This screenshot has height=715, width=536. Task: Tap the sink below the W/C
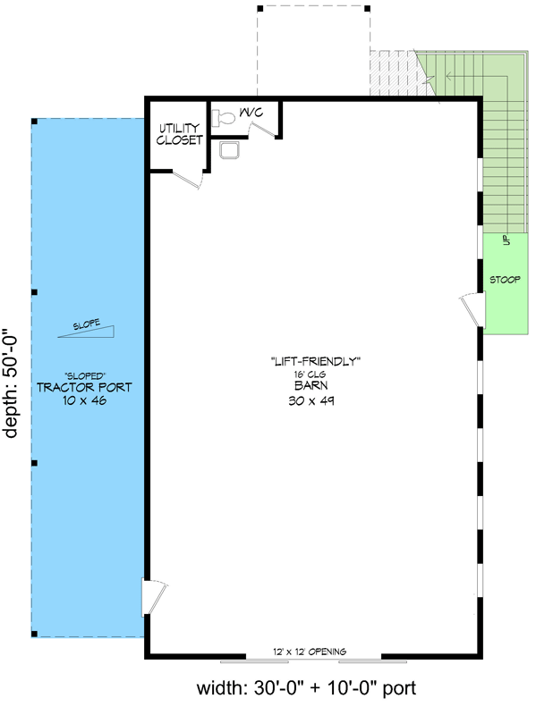click(x=229, y=149)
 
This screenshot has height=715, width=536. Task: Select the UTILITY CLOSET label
click(x=179, y=134)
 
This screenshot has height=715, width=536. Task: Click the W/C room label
click(x=251, y=112)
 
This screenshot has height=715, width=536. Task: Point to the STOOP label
click(x=505, y=280)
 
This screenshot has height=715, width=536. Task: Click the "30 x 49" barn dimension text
click(x=311, y=400)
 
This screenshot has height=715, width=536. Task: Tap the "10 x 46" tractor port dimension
click(x=84, y=400)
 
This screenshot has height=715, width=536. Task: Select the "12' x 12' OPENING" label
click(x=310, y=652)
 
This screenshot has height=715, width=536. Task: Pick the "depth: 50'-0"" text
click(x=10, y=383)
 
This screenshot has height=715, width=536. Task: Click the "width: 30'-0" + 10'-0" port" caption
click(x=306, y=687)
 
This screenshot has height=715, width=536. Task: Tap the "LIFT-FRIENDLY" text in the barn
click(x=316, y=362)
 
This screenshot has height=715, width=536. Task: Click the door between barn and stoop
click(x=472, y=309)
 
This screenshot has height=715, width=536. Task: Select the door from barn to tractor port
click(x=154, y=597)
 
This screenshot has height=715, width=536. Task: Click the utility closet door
click(x=188, y=179)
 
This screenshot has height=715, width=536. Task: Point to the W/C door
click(x=264, y=129)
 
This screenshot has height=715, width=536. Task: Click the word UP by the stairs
click(x=506, y=240)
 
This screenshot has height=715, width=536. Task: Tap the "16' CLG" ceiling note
click(x=310, y=374)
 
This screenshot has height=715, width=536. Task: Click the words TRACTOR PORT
click(x=84, y=388)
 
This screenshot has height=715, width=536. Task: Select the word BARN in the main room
click(x=311, y=386)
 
